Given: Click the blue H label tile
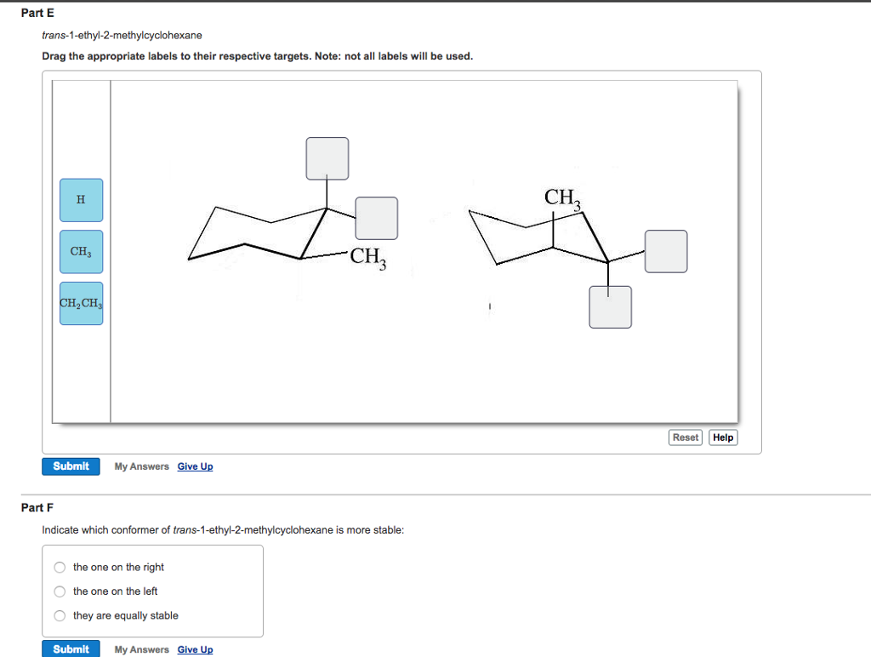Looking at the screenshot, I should [81, 200].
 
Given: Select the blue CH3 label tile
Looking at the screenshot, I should [81, 252].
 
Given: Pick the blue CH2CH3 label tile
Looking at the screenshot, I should [81, 304].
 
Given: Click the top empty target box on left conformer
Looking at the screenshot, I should [327, 158].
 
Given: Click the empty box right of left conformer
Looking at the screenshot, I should [376, 218].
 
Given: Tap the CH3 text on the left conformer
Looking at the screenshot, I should [368, 256].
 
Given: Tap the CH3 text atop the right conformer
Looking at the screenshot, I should [562, 198].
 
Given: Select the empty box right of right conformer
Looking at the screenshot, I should [665, 251].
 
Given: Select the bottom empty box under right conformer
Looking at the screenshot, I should [610, 306].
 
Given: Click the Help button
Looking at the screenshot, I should [723, 437].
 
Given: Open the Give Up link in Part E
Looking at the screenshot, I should [195, 466].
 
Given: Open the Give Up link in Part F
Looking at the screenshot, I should [195, 649].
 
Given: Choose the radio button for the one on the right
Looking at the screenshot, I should [60, 568].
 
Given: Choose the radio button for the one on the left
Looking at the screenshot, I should [60, 591].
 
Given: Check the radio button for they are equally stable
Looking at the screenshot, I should [60, 616].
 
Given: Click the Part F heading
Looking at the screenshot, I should [37, 507].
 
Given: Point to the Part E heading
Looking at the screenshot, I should [37, 14].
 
